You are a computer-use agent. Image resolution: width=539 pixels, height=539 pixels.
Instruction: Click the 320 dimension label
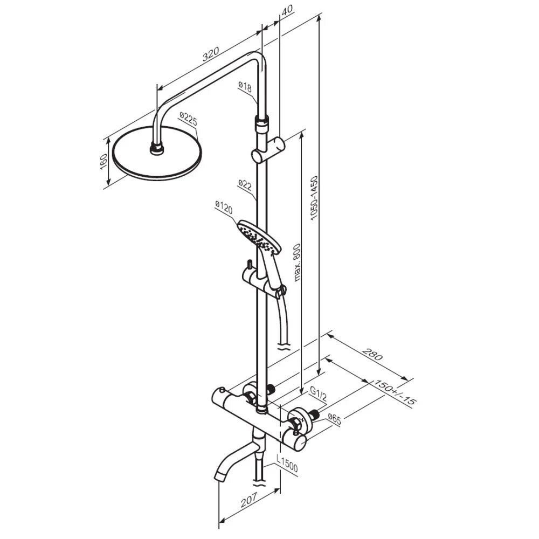coord(211,53)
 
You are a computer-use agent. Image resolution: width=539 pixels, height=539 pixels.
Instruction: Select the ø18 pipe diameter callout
coord(246,86)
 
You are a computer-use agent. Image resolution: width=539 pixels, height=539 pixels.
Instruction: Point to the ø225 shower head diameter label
coord(188,119)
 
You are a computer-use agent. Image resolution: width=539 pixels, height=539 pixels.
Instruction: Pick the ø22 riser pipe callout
coord(245,185)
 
